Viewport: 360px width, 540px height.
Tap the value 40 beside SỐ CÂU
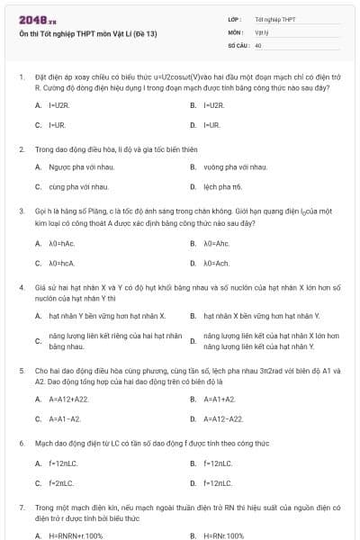click(x=258, y=44)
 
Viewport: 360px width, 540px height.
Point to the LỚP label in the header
click(x=235, y=18)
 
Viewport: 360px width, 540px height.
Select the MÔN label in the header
click(x=236, y=31)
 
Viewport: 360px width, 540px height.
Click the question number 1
click(x=21, y=77)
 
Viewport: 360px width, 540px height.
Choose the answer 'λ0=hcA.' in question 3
click(x=62, y=264)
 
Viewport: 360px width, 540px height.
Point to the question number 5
click(x=21, y=370)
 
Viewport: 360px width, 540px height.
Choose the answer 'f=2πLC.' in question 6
click(x=64, y=483)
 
